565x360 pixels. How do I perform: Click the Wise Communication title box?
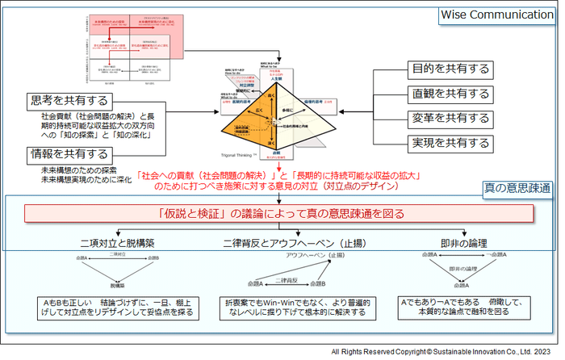pos(495,16)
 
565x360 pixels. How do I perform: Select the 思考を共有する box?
pos(69,101)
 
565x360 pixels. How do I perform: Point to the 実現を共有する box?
pos(450,144)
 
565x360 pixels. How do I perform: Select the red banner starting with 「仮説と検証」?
pos(278,214)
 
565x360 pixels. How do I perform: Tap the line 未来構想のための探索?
pos(81,170)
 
